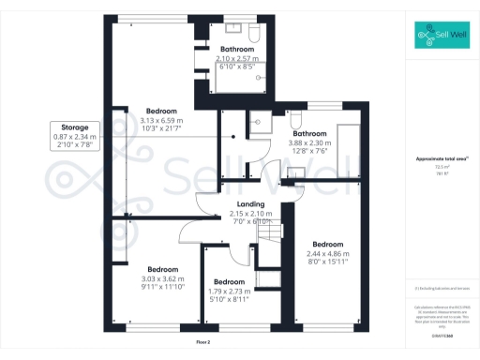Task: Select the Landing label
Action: (x=250, y=204)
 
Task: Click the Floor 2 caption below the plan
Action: (x=202, y=344)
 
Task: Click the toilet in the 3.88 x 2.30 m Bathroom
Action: (x=295, y=118)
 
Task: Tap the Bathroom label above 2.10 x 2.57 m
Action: (x=237, y=49)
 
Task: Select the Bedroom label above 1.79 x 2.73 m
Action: (x=229, y=281)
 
